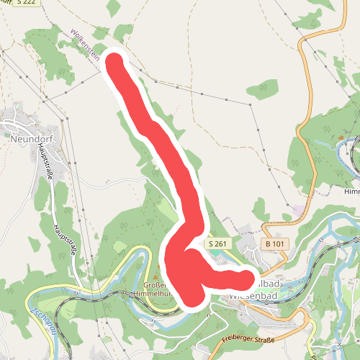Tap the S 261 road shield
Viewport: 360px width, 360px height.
pos(217,244)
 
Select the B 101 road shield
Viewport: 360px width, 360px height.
pos(271,244)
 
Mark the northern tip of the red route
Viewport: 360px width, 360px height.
pos(114,60)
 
